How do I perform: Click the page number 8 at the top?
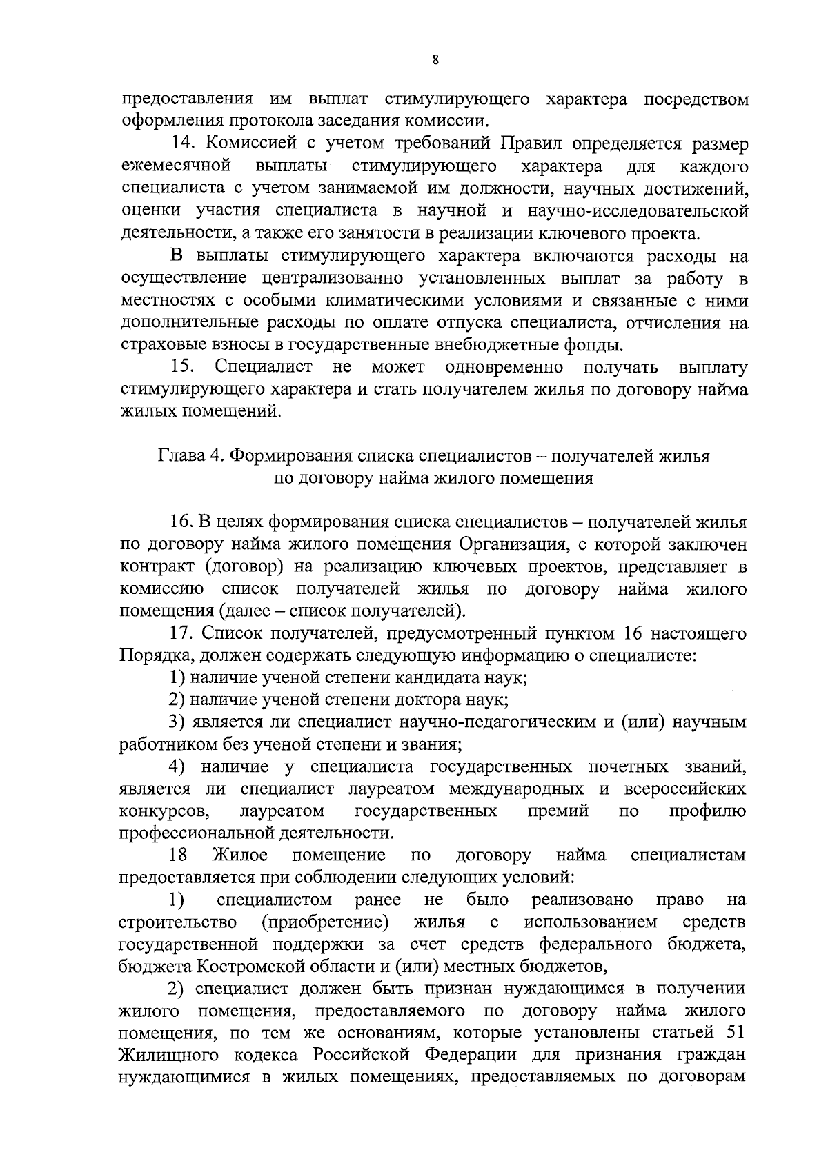(x=435, y=59)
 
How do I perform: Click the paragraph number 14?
(x=184, y=144)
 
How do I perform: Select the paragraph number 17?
(x=183, y=633)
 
